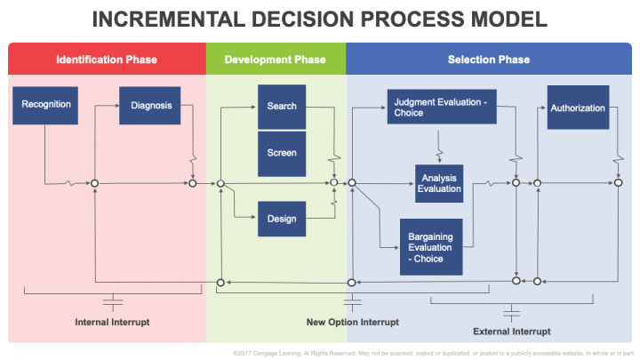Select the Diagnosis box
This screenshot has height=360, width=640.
[x=149, y=105]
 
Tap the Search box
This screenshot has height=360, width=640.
[x=282, y=107]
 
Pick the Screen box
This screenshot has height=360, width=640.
[x=282, y=153]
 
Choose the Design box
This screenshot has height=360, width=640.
[x=282, y=219]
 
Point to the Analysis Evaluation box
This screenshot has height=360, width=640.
[x=439, y=183]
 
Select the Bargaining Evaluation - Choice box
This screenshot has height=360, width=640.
[x=430, y=247]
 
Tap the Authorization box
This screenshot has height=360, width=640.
[x=578, y=108]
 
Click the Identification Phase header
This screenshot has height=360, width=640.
[x=107, y=60]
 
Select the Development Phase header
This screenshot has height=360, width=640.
[x=276, y=60]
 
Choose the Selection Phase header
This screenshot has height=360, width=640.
[x=489, y=60]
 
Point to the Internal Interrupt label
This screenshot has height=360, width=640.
[x=112, y=321]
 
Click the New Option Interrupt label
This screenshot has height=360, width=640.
[x=352, y=322]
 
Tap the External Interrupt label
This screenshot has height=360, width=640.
[x=511, y=331]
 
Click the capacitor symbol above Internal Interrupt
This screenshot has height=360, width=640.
[x=112, y=298]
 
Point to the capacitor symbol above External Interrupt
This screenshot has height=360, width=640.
[x=511, y=312]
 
